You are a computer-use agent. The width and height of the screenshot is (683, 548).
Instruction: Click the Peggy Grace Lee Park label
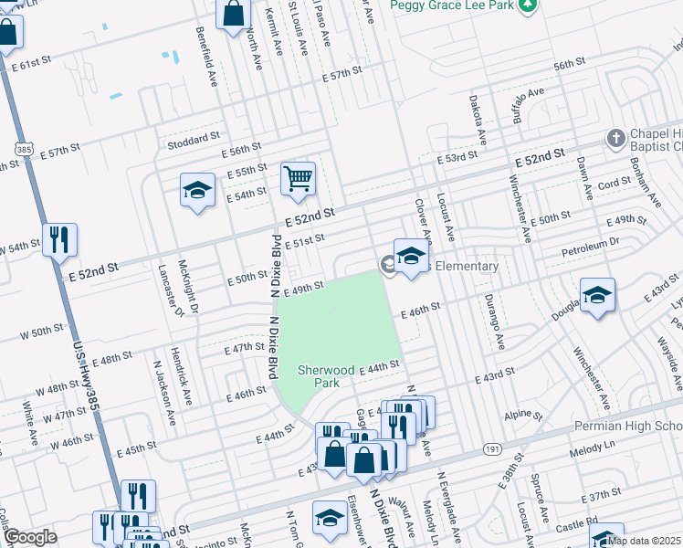[x=448, y=5]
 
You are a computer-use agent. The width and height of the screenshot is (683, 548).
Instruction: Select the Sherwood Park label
[x=326, y=377]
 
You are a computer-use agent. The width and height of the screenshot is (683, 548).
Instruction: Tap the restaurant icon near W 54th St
[x=59, y=239]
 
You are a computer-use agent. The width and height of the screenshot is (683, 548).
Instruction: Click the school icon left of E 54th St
[x=196, y=190]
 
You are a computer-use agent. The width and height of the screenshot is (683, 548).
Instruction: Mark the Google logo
[x=31, y=537]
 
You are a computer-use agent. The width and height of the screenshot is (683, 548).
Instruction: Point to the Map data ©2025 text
[x=644, y=541]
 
